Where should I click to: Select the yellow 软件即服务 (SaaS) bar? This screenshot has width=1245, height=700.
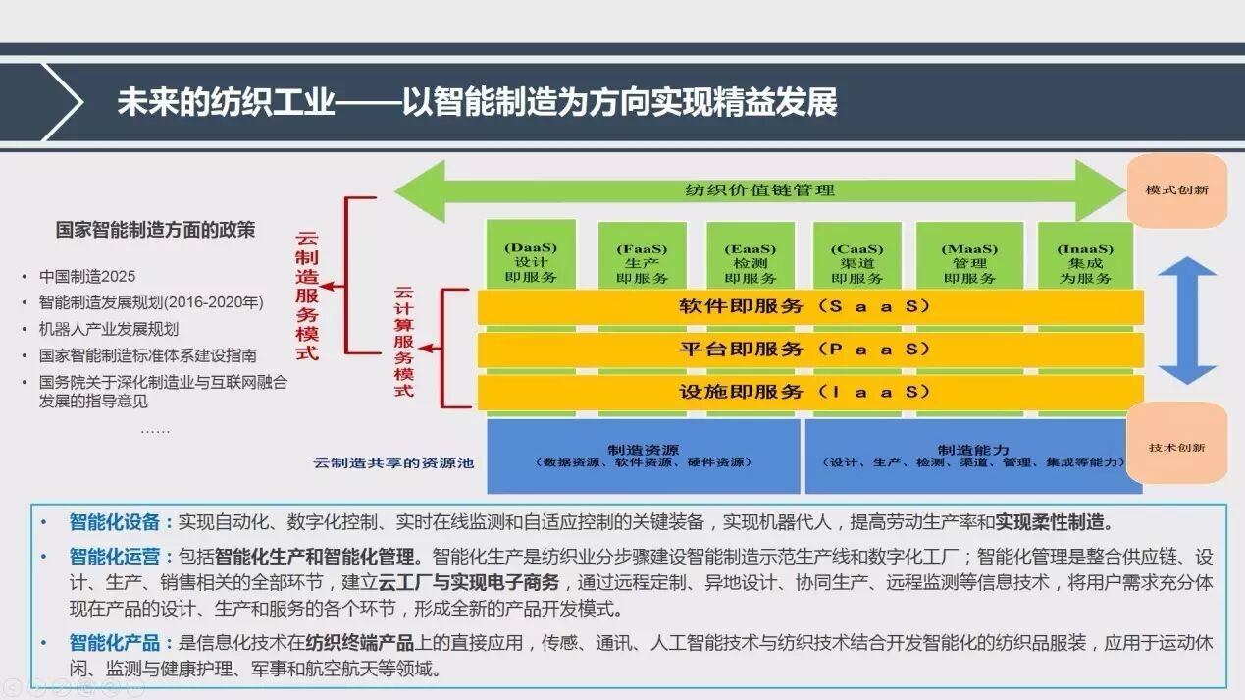(x=810, y=306)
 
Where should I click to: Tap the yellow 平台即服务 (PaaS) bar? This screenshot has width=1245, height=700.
(x=810, y=350)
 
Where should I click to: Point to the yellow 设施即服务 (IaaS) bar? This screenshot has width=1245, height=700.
(x=810, y=392)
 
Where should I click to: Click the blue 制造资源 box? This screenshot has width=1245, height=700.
(x=644, y=456)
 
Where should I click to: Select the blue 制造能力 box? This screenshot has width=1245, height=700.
(x=972, y=456)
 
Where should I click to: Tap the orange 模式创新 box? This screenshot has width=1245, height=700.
(x=1176, y=189)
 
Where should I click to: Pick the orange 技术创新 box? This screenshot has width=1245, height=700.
(x=1176, y=447)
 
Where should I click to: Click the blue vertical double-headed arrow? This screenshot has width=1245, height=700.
(x=1186, y=320)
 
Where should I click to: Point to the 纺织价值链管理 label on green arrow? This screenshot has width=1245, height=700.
(x=759, y=189)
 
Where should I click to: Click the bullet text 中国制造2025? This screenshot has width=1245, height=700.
(x=87, y=277)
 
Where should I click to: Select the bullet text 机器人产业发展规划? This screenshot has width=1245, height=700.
(x=109, y=329)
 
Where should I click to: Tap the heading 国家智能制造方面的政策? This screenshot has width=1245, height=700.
(x=155, y=231)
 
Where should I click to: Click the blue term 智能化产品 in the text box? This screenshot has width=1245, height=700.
(x=114, y=644)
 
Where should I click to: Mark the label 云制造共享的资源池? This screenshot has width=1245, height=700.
(x=393, y=462)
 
